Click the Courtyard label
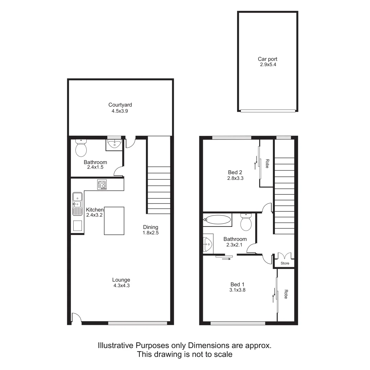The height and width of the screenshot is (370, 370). [x=120, y=105]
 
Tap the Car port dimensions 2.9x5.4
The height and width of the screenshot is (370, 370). [x=268, y=64]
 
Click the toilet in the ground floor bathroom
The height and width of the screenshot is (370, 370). [x=81, y=148]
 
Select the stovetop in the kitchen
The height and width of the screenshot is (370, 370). [x=102, y=185]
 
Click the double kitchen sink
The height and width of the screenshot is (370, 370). [x=77, y=204]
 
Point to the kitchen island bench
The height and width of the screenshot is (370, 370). [x=114, y=221]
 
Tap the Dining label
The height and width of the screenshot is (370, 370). [x=151, y=227]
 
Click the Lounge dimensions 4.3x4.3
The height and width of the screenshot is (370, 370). [x=122, y=285]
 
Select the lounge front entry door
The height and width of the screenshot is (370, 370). [x=76, y=318]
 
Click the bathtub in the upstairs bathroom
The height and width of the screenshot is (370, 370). [x=217, y=220]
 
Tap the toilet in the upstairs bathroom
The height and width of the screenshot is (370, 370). [x=246, y=223]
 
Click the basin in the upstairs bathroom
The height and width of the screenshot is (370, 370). [x=208, y=244]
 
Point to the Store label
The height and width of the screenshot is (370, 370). [x=285, y=263]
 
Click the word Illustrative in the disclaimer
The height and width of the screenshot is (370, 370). [x=115, y=345]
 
